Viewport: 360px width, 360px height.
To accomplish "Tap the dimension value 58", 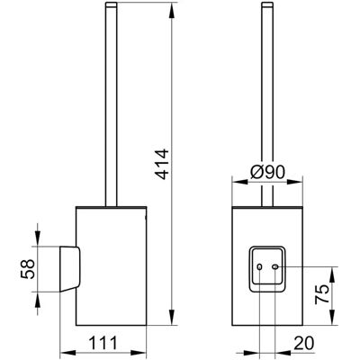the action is pyautogui.click(x=28, y=269).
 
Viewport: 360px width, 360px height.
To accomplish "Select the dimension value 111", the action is pyautogui.click(x=103, y=343).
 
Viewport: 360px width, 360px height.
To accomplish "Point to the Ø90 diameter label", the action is pyautogui.click(x=267, y=173).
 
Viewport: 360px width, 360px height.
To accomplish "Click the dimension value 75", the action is pyautogui.click(x=322, y=294).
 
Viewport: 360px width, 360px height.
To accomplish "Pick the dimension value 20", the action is pyautogui.click(x=304, y=343).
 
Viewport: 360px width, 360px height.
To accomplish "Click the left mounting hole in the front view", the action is pyautogui.click(x=260, y=266).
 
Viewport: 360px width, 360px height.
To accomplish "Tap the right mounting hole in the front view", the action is pyautogui.click(x=274, y=266).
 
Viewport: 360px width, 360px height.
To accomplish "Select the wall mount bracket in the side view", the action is pyautogui.click(x=70, y=269).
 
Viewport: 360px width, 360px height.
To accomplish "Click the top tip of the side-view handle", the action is pyautogui.click(x=112, y=3).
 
